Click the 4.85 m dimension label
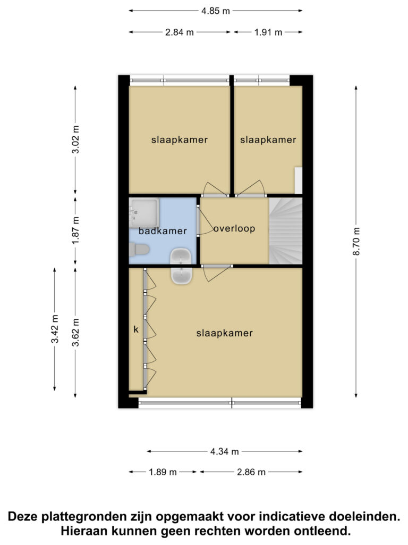point(216,11)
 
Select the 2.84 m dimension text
point(180,32)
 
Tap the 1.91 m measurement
point(268,32)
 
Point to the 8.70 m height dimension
point(356,241)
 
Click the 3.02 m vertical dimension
point(75,139)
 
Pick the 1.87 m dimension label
point(75,230)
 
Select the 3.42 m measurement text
point(55,329)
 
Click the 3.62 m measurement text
point(75,332)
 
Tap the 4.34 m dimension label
point(225,451)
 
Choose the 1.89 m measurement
point(163,472)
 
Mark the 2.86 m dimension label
point(251,472)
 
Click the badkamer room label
point(163,231)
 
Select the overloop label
point(234,228)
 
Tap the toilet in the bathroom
point(139,249)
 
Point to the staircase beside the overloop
point(286,231)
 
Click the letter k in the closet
point(136,329)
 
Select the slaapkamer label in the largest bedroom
point(225,333)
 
